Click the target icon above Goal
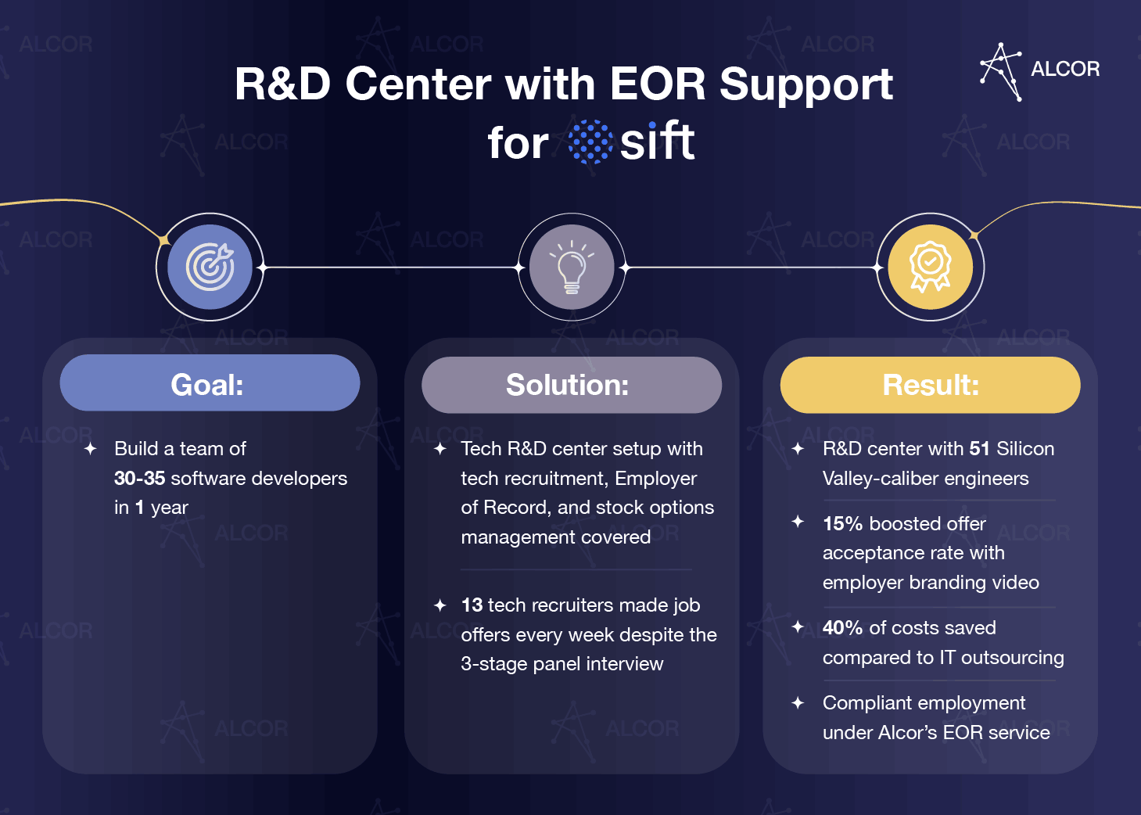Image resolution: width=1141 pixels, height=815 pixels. tap(210, 267)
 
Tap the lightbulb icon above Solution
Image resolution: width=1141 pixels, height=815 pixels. tap(572, 267)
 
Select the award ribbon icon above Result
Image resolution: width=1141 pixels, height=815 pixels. tap(930, 267)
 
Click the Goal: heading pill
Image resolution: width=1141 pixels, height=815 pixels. tap(210, 383)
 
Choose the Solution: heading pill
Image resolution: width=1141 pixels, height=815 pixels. tap(571, 385)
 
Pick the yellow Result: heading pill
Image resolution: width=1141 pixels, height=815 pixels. tap(930, 385)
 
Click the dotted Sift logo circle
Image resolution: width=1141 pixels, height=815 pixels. tap(590, 142)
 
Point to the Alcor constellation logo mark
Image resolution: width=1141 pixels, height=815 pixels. tap(1001, 71)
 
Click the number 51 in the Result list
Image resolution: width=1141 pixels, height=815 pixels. tap(979, 449)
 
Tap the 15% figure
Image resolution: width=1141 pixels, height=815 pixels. tap(842, 524)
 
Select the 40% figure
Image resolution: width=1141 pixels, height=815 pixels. tap(842, 628)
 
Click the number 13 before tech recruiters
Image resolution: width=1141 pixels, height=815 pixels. tap(472, 605)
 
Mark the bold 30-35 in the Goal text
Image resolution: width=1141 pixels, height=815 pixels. tap(139, 479)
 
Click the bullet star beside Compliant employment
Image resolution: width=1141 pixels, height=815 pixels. tap(798, 703)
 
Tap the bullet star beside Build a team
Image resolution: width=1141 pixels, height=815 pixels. tap(91, 449)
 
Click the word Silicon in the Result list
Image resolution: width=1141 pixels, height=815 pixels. tap(1025, 449)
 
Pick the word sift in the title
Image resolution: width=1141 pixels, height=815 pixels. tap(657, 142)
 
